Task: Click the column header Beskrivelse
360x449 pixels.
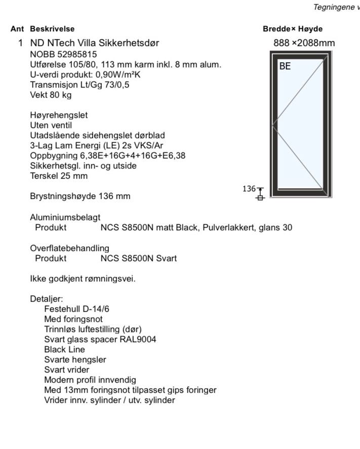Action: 52,29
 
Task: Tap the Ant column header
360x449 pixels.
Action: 17,29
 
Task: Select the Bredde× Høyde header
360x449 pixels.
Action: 293,29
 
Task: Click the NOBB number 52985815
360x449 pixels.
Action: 76,54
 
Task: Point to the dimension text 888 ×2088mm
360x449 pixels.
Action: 304,43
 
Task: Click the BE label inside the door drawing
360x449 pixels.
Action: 285,66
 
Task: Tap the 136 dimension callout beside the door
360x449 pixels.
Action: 249,188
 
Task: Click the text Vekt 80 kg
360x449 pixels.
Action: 51,95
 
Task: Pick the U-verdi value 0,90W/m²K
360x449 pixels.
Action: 118,74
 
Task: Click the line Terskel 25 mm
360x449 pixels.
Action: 59,176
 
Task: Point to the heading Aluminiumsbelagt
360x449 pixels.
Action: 61,217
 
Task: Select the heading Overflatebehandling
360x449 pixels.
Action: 69,248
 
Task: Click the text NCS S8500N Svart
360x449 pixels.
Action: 138,258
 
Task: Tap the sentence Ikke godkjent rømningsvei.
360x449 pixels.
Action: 83,278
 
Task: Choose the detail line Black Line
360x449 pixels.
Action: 65,349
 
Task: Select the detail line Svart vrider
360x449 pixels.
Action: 67,370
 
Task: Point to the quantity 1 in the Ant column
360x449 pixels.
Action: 21,43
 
